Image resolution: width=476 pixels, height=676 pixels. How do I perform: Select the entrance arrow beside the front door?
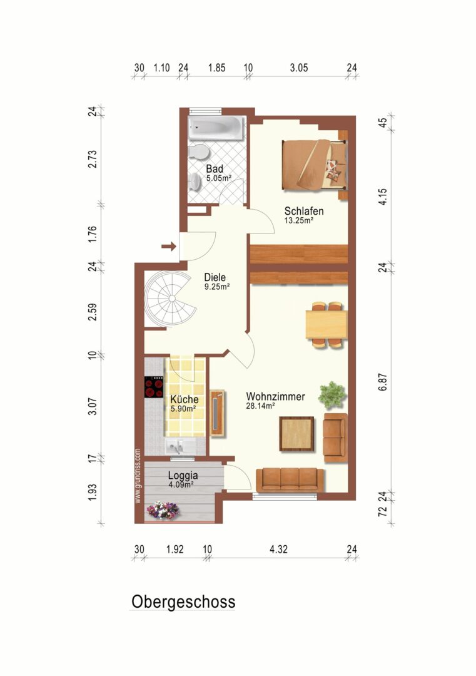(169, 247)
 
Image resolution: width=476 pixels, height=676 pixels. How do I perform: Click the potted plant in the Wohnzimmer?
(332, 394)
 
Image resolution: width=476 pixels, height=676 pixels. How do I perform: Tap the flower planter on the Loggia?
(163, 511)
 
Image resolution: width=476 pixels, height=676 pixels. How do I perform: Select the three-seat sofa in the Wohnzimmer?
(290, 480)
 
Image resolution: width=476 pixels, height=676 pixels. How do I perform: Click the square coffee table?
(296, 434)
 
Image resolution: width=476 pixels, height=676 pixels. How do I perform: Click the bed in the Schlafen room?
(315, 165)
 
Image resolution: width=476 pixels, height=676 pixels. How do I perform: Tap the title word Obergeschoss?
(183, 602)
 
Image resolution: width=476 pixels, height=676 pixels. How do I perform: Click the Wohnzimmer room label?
(275, 396)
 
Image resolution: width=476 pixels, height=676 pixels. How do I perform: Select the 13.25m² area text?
(298, 221)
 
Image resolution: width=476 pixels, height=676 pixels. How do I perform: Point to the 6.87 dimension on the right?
(383, 382)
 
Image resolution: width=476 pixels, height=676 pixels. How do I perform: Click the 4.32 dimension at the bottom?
(278, 550)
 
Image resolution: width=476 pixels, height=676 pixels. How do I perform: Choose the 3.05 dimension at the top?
(298, 68)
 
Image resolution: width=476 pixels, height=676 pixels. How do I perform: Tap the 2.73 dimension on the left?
(92, 159)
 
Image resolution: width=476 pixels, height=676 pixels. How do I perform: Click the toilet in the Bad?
(199, 152)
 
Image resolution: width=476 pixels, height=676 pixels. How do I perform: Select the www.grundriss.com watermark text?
(138, 476)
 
